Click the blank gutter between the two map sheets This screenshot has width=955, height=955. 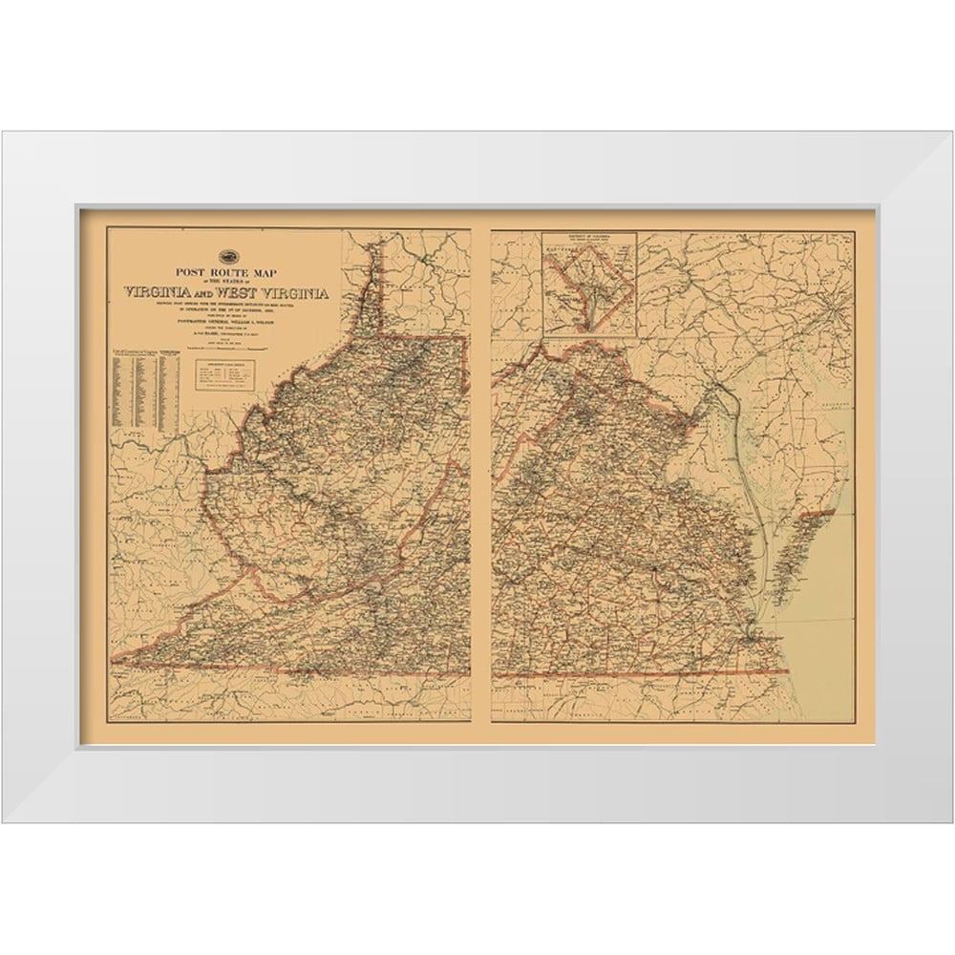pos(480,477)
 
